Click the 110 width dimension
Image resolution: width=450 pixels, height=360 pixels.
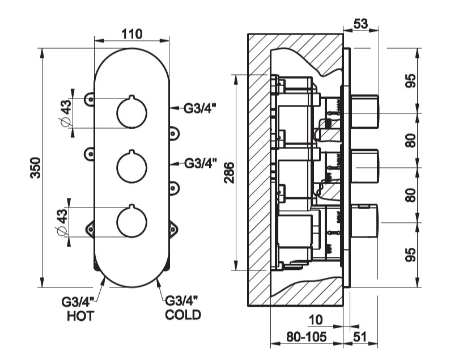coord(131,33)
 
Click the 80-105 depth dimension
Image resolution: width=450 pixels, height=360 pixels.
coord(306,337)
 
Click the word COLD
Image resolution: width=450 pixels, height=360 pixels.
coord(182,314)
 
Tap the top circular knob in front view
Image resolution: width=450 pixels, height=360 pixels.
coord(131,112)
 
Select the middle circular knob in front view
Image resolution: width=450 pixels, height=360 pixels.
coord(131,167)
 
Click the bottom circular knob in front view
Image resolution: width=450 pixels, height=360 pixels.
coord(131,221)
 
